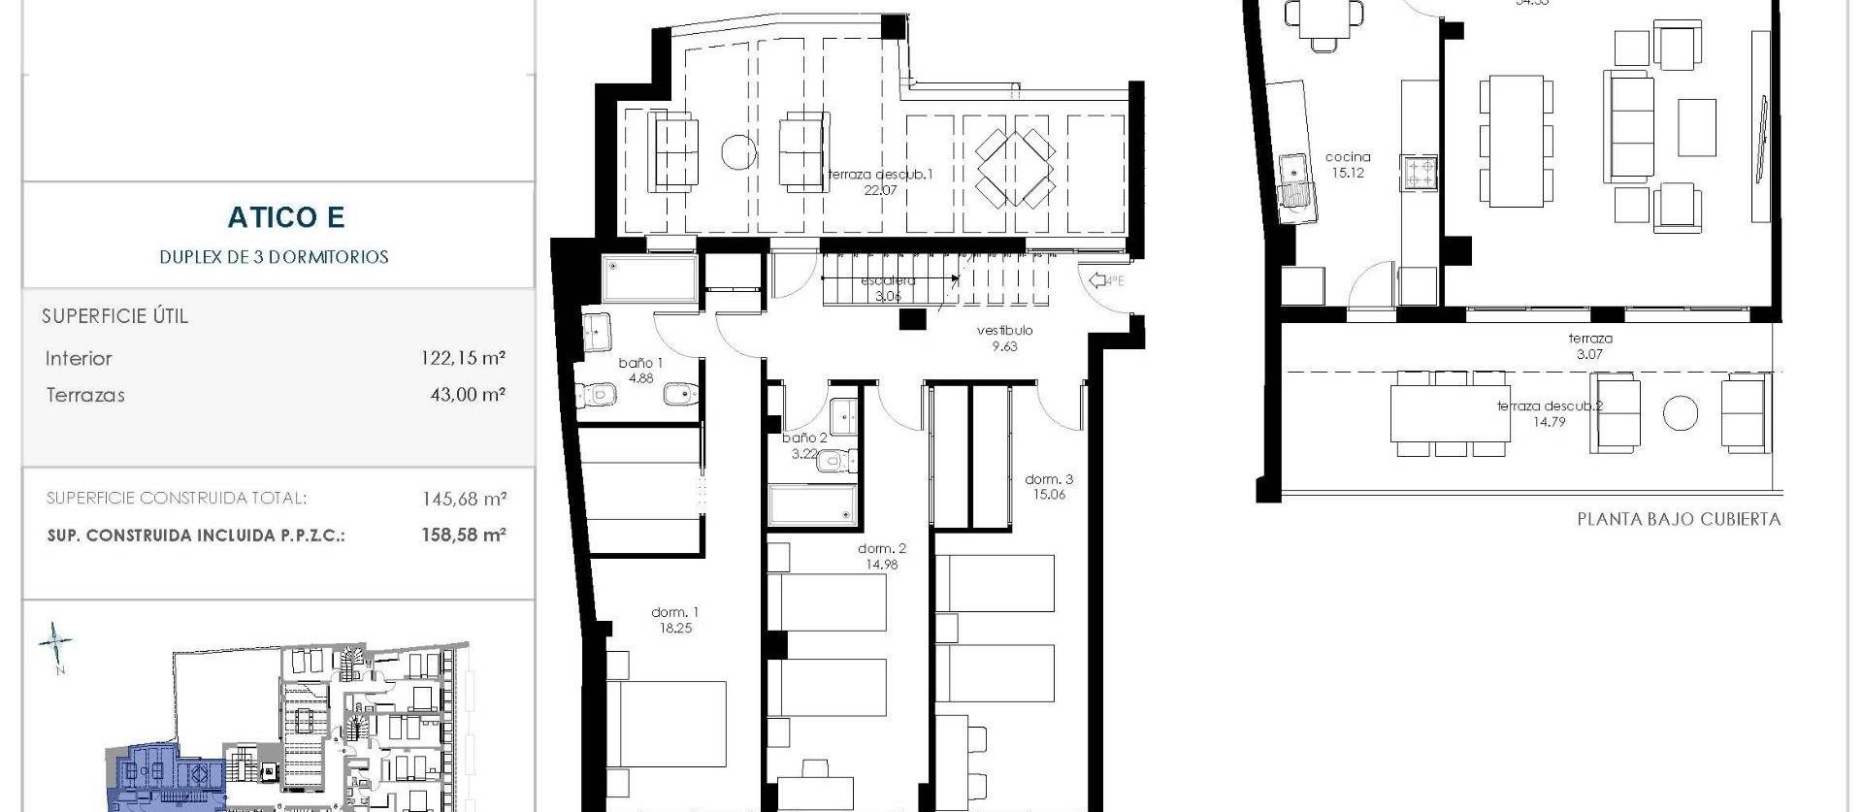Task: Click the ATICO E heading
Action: point(286,217)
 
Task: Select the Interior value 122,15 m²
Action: point(464,358)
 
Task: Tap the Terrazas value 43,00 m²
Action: point(468,395)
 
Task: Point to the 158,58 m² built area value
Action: point(464,535)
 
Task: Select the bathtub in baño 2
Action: point(812,504)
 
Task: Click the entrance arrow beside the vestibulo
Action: point(1103,281)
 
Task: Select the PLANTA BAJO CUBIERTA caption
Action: point(1679,519)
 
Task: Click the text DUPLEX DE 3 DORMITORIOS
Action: point(274,257)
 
